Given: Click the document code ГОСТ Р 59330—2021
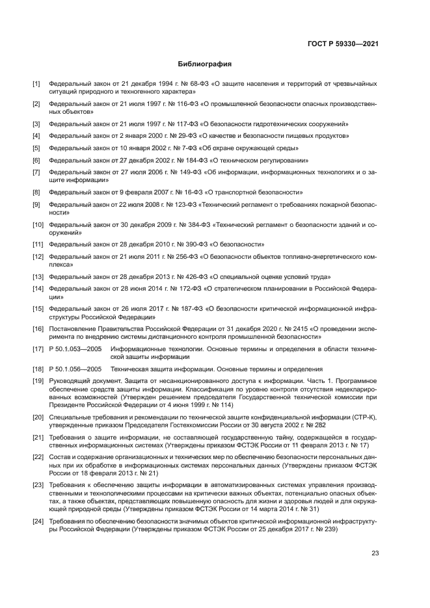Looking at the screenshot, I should pos(343,44).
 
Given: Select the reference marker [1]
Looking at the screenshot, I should pos(36,85).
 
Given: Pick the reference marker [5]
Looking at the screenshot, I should pos(36,148).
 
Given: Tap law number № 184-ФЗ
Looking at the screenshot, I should pos(192,160).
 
